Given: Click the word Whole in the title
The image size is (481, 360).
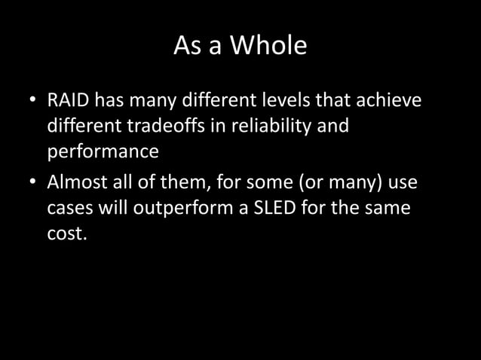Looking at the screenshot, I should tap(268, 47).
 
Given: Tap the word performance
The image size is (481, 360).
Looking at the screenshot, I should tap(103, 151).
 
